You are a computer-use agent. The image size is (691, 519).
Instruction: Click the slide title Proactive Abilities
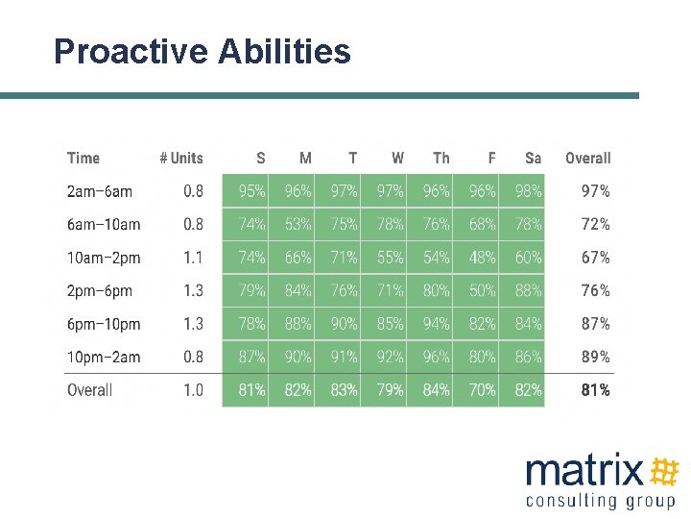203,51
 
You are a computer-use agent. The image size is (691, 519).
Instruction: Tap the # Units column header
181,159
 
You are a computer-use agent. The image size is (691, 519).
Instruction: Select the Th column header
441,159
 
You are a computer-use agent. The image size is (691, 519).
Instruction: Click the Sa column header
533,159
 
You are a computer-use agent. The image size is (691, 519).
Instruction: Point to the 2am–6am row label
100,191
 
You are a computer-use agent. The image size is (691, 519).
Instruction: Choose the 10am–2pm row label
104,258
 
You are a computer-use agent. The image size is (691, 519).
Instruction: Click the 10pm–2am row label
104,357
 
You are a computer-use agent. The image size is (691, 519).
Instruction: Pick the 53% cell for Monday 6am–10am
298,224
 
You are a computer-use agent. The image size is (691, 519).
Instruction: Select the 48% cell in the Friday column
483,258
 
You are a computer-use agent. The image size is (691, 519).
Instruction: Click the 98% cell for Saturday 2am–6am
529,191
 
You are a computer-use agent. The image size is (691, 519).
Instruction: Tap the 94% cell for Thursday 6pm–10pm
437,324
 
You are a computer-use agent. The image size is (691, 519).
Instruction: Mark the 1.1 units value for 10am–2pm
193,258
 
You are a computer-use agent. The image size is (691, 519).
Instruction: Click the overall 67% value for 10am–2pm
595,258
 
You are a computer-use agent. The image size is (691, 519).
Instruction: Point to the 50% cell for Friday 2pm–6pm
483,290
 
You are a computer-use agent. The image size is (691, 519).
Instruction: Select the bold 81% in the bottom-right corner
595,390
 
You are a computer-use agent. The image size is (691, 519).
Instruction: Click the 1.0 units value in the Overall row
193,390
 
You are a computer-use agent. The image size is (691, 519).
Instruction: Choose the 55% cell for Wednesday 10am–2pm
391,258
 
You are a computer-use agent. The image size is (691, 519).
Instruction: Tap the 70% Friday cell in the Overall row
483,390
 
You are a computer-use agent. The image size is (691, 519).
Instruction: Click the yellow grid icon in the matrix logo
664,471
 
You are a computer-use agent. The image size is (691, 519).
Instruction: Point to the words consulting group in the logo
601,500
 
